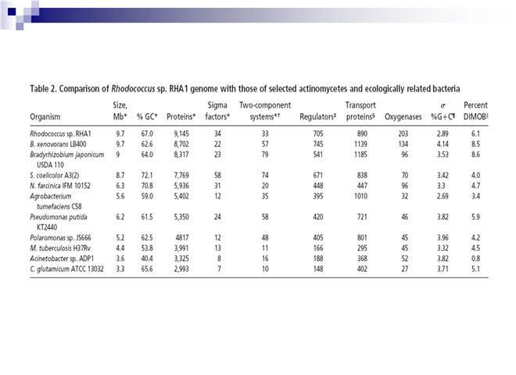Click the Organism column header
(46, 118)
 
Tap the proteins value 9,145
(180, 134)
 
